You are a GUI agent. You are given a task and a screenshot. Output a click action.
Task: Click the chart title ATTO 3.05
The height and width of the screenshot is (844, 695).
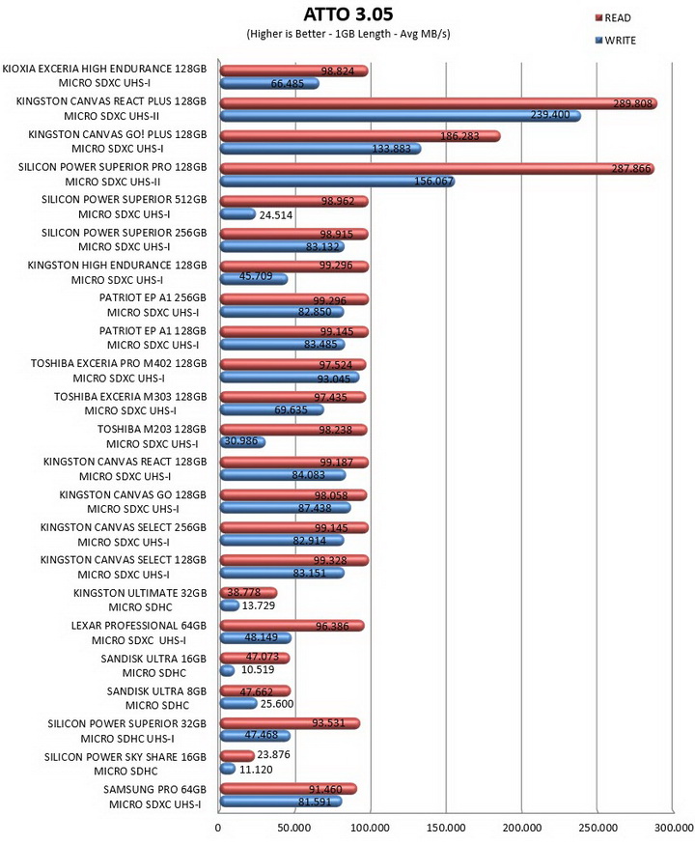click(x=348, y=14)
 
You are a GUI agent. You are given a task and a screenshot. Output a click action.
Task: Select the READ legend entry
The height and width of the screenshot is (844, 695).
click(x=613, y=17)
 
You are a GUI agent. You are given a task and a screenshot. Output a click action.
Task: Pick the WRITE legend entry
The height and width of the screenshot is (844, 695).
click(x=616, y=41)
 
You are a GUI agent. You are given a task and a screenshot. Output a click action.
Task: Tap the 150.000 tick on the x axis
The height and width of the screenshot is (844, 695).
click(x=446, y=828)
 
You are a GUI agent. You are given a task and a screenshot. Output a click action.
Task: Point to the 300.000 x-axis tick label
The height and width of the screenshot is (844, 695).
click(x=675, y=828)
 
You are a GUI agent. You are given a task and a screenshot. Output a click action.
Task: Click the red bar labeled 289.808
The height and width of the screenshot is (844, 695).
click(x=438, y=103)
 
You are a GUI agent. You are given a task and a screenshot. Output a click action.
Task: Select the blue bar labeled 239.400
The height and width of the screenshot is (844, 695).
click(x=401, y=116)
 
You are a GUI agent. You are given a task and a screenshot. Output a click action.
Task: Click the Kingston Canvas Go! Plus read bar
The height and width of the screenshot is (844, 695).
click(x=360, y=136)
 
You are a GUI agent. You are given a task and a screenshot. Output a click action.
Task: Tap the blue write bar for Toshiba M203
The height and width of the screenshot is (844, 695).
click(x=242, y=442)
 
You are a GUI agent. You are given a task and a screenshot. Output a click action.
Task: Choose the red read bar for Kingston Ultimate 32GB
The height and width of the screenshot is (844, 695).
click(x=248, y=593)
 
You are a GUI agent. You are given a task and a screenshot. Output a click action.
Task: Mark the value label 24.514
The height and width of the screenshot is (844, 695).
click(x=275, y=215)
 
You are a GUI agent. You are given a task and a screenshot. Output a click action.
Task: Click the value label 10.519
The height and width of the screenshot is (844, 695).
click(x=258, y=670)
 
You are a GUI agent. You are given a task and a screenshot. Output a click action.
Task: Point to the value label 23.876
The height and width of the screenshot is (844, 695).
click(x=273, y=754)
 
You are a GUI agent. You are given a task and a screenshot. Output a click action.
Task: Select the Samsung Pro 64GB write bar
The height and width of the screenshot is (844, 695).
click(x=280, y=802)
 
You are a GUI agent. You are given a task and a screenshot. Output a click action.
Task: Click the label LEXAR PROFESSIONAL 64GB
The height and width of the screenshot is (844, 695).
click(x=139, y=626)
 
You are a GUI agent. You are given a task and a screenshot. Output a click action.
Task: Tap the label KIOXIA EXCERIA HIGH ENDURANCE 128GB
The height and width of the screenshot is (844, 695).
click(x=104, y=69)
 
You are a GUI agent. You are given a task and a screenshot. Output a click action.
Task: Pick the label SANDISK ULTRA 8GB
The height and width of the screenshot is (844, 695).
click(x=156, y=691)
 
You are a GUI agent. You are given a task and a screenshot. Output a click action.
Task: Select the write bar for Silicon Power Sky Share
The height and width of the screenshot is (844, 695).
click(x=227, y=769)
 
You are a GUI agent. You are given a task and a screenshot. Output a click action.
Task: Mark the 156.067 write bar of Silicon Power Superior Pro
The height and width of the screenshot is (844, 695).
click(x=337, y=182)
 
